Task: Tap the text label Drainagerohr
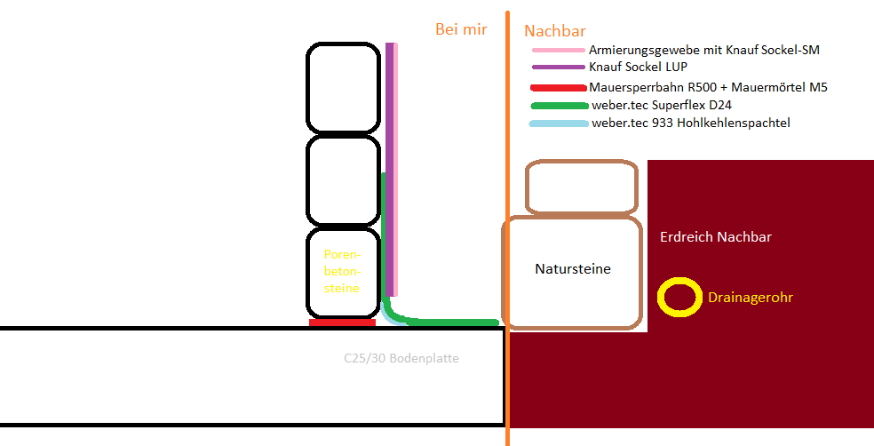click(751, 298)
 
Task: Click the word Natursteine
click(573, 268)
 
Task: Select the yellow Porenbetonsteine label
click(342, 272)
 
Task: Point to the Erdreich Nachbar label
click(716, 237)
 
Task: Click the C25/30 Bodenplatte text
click(401, 358)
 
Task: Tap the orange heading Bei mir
click(461, 29)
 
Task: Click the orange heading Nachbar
click(555, 31)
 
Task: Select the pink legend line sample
click(558, 50)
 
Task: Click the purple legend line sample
click(558, 68)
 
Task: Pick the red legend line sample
click(559, 88)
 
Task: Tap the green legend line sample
click(560, 106)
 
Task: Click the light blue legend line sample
click(559, 123)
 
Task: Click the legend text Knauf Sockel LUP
click(639, 67)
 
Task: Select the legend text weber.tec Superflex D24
click(662, 106)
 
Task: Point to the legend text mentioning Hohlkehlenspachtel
click(691, 123)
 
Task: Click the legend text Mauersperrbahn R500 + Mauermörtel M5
click(708, 87)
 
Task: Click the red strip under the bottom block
click(342, 323)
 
